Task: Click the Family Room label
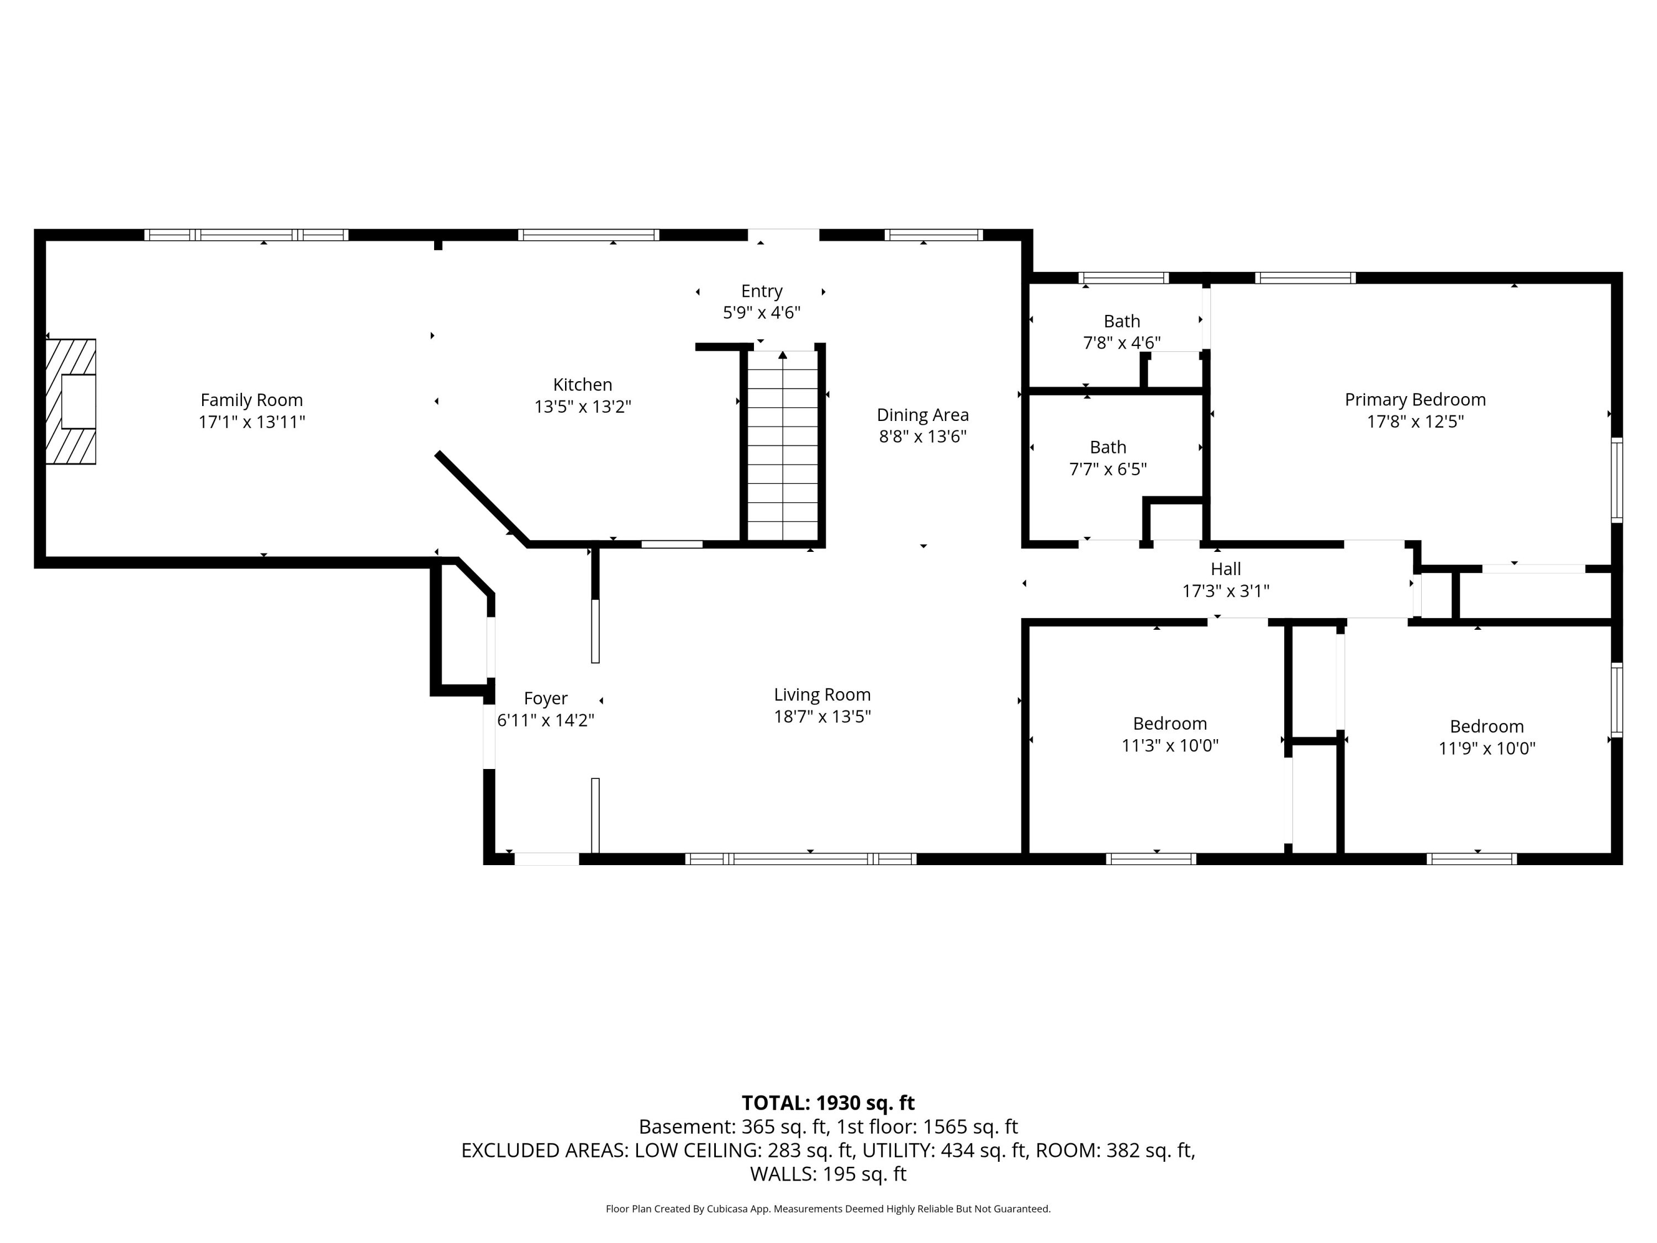click(x=252, y=400)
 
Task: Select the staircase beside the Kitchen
click(x=783, y=445)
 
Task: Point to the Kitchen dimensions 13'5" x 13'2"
click(x=583, y=407)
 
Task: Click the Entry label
click(x=762, y=291)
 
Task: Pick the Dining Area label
click(x=923, y=414)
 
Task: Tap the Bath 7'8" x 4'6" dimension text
click(x=1122, y=343)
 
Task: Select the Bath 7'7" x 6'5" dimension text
click(x=1108, y=469)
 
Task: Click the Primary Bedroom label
click(x=1415, y=400)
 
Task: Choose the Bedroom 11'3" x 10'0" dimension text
click(x=1170, y=745)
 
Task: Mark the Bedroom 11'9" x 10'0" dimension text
click(x=1487, y=749)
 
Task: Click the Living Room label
click(x=822, y=694)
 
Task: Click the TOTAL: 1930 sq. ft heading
click(x=828, y=1103)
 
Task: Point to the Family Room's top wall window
click(x=246, y=235)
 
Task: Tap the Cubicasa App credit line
click(x=828, y=1209)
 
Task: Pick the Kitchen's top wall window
click(x=589, y=235)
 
